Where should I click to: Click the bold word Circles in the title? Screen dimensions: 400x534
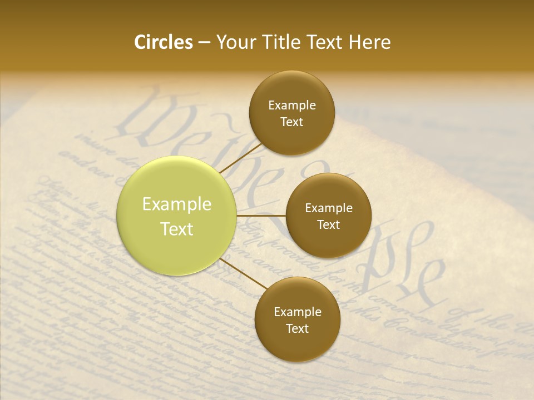click(164, 42)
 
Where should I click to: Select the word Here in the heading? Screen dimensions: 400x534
click(370, 42)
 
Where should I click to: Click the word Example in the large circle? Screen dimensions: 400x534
click(177, 204)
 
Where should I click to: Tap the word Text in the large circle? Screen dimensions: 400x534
click(177, 229)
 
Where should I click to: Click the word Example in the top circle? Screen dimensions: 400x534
click(292, 106)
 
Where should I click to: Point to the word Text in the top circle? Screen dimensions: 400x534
click(292, 122)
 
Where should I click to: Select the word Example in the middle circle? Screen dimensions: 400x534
click(329, 208)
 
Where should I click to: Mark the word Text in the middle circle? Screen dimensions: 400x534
click(329, 225)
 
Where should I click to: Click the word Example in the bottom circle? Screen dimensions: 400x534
click(297, 312)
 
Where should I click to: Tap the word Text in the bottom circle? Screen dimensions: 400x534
click(297, 329)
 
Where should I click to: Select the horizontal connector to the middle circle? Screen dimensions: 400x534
click(261, 215)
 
